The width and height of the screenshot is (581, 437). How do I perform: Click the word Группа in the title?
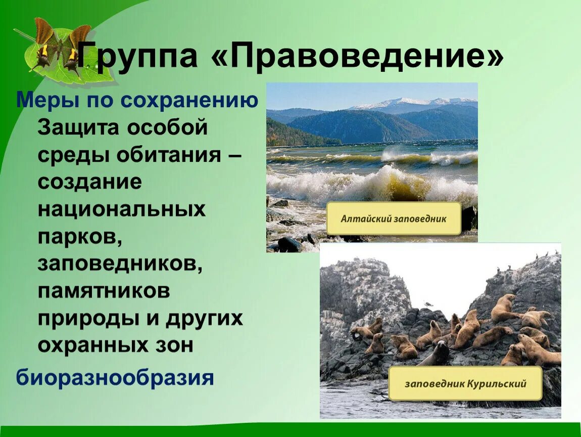pos(137,57)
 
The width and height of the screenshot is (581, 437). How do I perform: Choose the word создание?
pos(89,182)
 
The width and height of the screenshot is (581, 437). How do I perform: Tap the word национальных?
pos(121,209)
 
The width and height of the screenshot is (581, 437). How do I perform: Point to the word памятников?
pos(104,291)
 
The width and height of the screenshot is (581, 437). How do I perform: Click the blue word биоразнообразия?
pos(115,378)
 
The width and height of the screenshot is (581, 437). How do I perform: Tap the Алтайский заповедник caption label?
pos(394,219)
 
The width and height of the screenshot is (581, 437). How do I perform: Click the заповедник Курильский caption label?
pos(465,383)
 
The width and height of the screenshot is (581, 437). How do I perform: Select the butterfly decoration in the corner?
pos(63,48)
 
